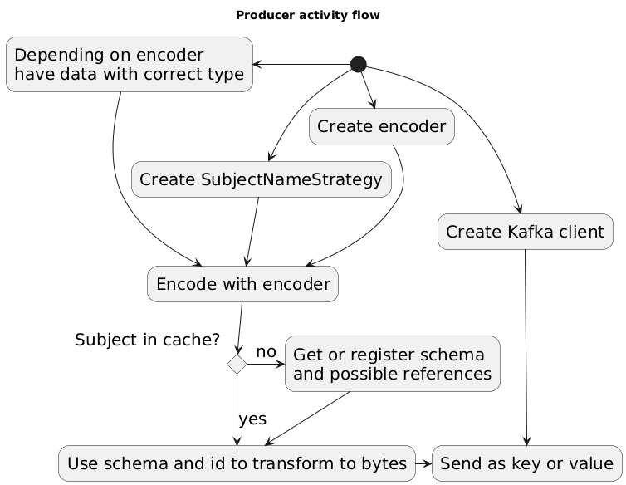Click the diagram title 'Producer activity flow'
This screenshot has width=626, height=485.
[308, 15]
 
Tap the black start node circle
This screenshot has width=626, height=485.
[359, 64]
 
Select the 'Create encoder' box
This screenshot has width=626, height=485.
[382, 127]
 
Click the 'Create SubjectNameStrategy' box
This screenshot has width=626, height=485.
[262, 179]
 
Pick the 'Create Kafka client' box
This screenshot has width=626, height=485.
[526, 232]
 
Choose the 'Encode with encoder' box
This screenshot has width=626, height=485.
[242, 284]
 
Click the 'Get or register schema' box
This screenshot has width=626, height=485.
[393, 364]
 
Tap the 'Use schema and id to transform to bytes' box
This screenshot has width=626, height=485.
[237, 463]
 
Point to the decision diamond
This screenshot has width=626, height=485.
[237, 364]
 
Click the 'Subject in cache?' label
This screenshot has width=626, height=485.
[147, 340]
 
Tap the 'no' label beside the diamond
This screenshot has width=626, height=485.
[266, 352]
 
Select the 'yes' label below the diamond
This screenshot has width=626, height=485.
[252, 419]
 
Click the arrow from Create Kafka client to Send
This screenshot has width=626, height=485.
[526, 349]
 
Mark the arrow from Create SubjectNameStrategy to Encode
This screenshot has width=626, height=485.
[252, 232]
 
